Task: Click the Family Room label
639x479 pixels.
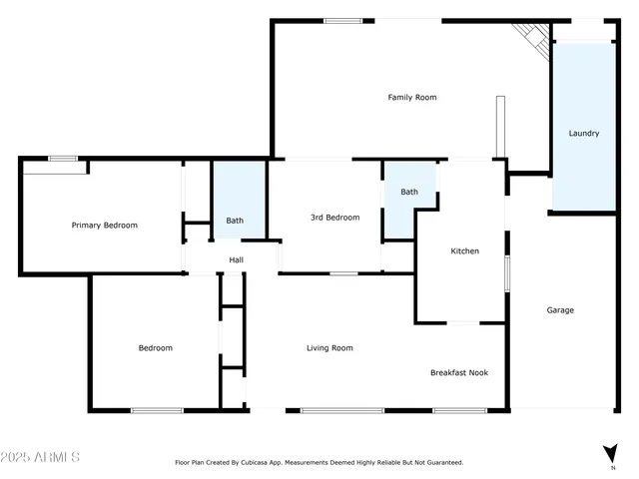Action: coord(412,98)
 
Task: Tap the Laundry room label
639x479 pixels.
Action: coord(584,133)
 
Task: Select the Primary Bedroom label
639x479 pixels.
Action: coord(105,226)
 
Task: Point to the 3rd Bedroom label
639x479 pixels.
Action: coord(334,218)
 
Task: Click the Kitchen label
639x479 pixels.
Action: coord(464,251)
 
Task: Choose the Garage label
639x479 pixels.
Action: coord(560,310)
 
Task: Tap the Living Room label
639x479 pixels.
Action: coord(329,348)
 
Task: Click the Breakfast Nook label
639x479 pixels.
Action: coord(459,372)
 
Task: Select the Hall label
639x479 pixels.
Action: coord(237,260)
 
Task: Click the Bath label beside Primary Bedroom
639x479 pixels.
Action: coord(235,221)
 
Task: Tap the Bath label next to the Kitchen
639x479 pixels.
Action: coord(409,192)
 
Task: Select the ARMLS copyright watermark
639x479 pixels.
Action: coord(41,457)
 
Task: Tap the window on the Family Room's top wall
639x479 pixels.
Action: coord(342,21)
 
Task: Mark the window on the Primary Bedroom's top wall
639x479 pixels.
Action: coord(63,158)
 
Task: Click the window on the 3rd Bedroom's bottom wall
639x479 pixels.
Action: coord(344,272)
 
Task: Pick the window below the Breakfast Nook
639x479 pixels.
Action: coord(459,410)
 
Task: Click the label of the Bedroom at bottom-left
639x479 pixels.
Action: coord(155,348)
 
